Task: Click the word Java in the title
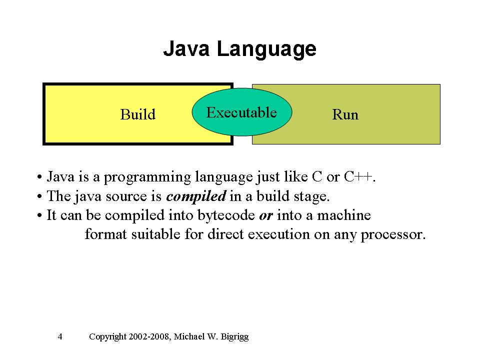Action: [x=186, y=48]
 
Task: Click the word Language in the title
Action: [x=266, y=50]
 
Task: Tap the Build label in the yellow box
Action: [x=138, y=114]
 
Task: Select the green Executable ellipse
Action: [x=242, y=112]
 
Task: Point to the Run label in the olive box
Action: [x=345, y=115]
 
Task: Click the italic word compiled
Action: [x=196, y=196]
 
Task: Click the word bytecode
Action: [x=226, y=215]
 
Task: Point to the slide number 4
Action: [x=60, y=336]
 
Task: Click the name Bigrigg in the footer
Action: [x=235, y=337]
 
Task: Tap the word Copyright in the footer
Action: [x=107, y=337]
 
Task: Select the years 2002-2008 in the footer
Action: [x=149, y=336]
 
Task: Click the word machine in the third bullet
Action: [x=344, y=215]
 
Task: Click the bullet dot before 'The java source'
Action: [x=39, y=196]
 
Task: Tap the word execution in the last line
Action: [x=278, y=234]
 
